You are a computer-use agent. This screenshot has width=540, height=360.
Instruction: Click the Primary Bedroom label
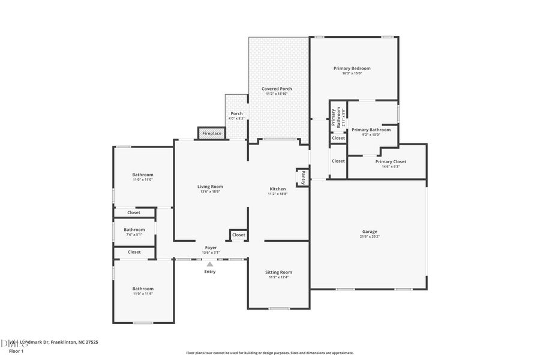[x=352, y=68]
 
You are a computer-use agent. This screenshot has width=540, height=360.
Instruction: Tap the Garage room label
[x=370, y=232]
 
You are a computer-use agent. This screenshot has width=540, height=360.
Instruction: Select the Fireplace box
[x=212, y=133]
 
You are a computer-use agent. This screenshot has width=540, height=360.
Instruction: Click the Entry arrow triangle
[x=210, y=264]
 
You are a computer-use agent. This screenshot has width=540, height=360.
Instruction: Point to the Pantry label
[x=303, y=178]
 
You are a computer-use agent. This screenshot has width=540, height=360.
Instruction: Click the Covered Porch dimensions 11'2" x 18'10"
[x=277, y=94]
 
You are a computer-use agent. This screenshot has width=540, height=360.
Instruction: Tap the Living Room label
[x=210, y=187]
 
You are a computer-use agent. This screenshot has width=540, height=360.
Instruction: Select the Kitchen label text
[x=277, y=189]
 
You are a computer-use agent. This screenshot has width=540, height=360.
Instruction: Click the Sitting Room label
[x=278, y=272]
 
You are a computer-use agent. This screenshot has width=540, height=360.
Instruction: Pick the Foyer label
[x=211, y=247]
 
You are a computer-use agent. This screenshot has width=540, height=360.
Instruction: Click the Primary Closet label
[x=391, y=161]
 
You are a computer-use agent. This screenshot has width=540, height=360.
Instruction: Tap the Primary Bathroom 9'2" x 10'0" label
[x=371, y=130]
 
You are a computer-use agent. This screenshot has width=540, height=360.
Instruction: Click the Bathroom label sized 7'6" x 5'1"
[x=134, y=229]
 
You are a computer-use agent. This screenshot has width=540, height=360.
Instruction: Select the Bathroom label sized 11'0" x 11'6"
[x=143, y=289]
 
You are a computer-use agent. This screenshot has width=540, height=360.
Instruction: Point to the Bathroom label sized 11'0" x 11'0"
[x=143, y=175]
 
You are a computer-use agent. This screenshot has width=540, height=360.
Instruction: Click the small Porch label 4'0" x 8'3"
[x=237, y=113]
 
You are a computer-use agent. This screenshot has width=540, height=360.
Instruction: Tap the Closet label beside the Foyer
[x=239, y=235]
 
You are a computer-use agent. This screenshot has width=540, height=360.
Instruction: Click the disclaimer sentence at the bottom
[x=270, y=353]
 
